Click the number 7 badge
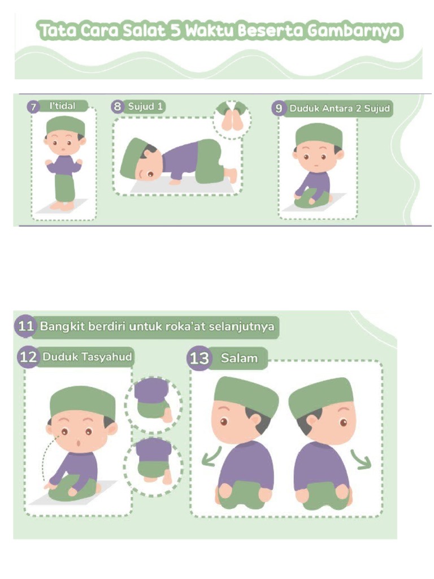[x=33, y=107]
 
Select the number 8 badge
[x=118, y=106]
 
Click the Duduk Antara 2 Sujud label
[x=339, y=108]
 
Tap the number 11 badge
[x=25, y=327]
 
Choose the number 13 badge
[x=199, y=358]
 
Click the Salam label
[x=239, y=358]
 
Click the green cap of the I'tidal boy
[x=65, y=125]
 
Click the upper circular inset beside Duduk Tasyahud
[x=153, y=399]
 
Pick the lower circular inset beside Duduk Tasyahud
[x=153, y=463]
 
